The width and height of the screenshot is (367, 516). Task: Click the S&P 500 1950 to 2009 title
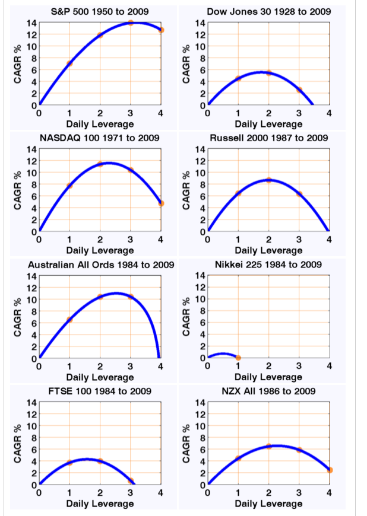pos(99,12)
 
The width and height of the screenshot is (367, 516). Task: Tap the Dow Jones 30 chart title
pos(268,12)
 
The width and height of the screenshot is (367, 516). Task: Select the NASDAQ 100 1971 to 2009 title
pos(99,138)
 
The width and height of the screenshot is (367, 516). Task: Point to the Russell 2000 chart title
pos(268,138)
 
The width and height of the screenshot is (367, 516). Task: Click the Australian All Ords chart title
pos(99,265)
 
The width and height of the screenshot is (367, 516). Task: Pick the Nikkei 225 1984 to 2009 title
pos(268,265)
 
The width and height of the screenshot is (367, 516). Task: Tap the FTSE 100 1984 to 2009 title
pos(99,391)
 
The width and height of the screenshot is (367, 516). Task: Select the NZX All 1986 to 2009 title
pos(268,391)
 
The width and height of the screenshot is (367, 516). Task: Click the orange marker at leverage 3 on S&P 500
pos(131,23)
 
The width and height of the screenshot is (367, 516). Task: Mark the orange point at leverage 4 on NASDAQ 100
pos(161,203)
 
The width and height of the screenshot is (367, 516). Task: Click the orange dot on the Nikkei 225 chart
pos(238,358)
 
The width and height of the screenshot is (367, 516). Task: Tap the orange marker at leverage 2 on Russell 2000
pos(268,180)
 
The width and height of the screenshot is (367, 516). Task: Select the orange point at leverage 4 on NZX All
pos(330,470)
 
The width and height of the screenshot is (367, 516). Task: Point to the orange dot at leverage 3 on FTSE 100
pos(131,481)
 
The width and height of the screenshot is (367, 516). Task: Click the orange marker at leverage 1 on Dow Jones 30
pos(238,79)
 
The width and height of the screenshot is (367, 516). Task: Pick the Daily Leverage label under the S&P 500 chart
pos(100,124)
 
